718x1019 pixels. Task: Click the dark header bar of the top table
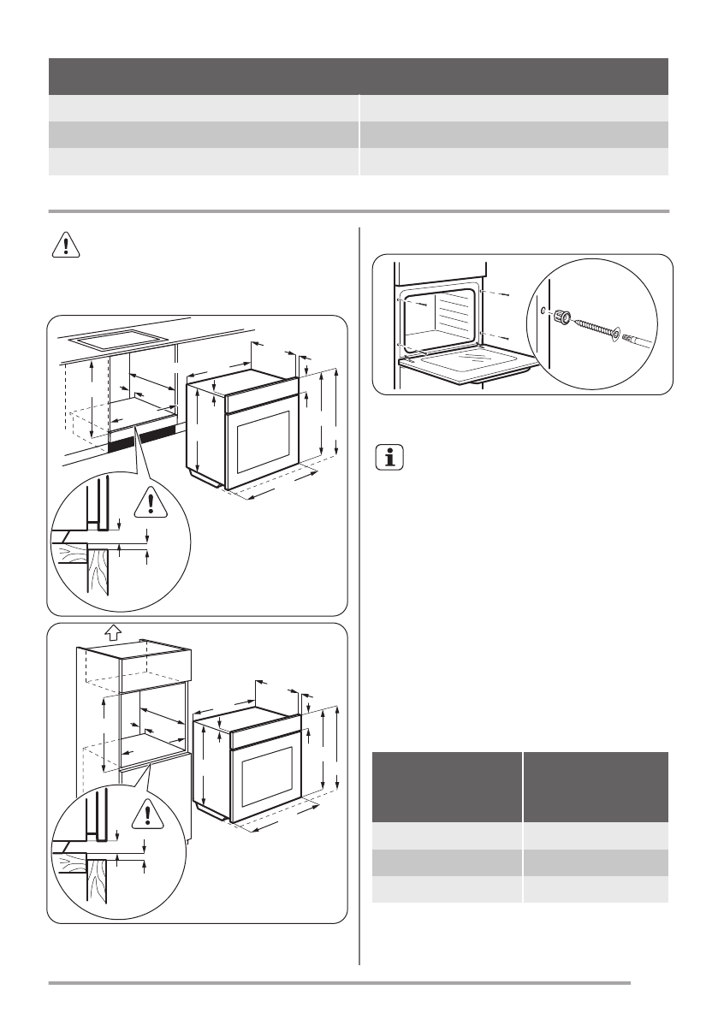[358, 75]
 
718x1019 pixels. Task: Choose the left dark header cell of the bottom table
[447, 785]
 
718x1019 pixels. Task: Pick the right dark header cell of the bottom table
[596, 785]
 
